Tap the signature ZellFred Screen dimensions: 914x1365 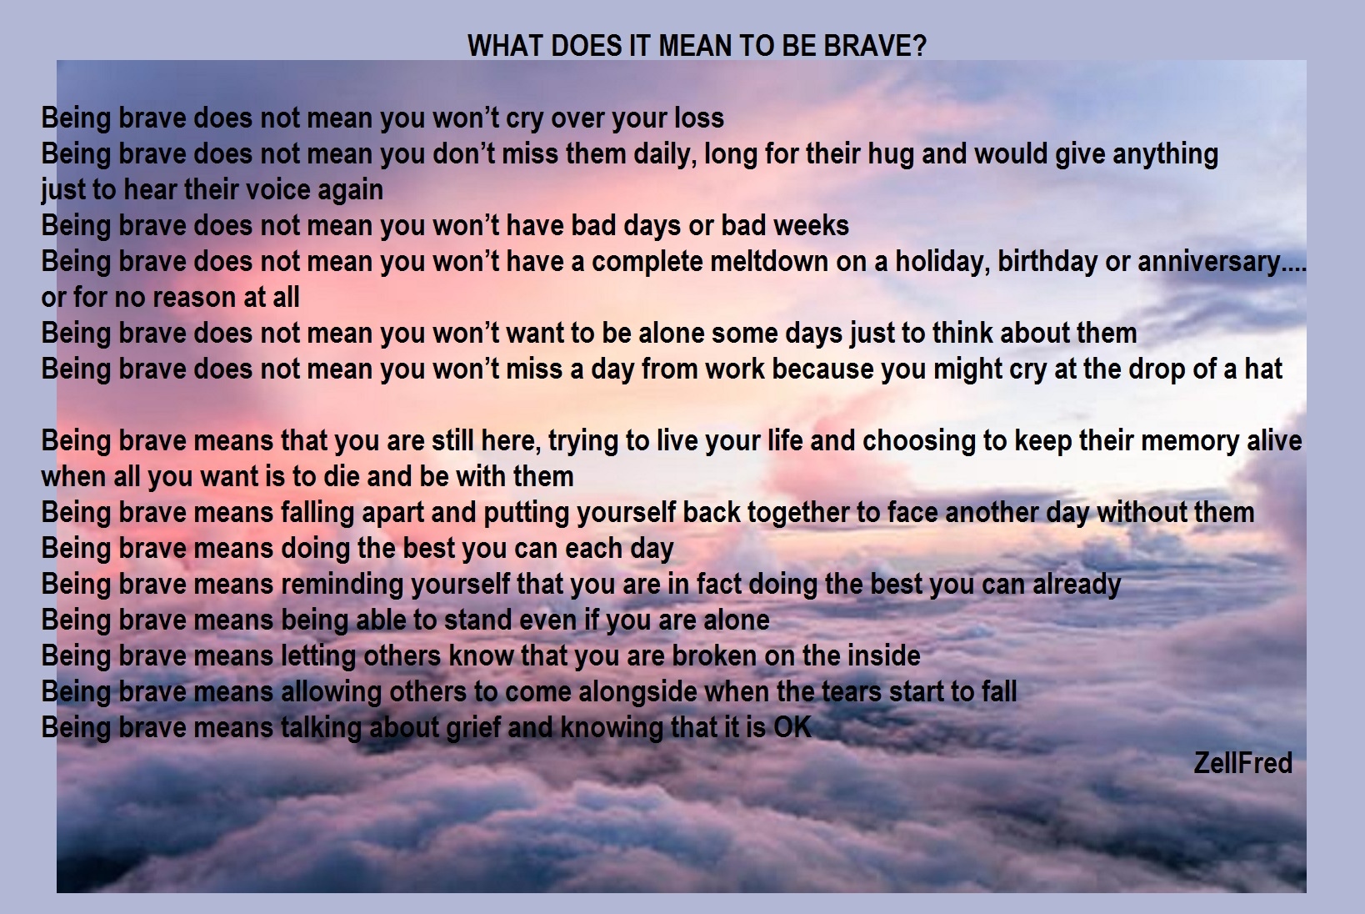[1242, 763]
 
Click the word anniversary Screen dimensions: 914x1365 [1208, 262]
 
